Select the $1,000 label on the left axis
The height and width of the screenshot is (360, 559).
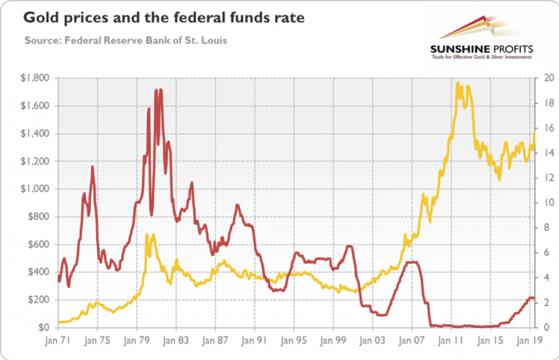pos(34,189)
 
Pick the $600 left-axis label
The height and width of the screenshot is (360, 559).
pos(37,244)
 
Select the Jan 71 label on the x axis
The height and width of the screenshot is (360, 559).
pos(58,340)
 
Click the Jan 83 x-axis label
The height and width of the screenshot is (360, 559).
pos(175,340)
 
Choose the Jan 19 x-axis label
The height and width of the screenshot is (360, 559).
pos(530,340)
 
